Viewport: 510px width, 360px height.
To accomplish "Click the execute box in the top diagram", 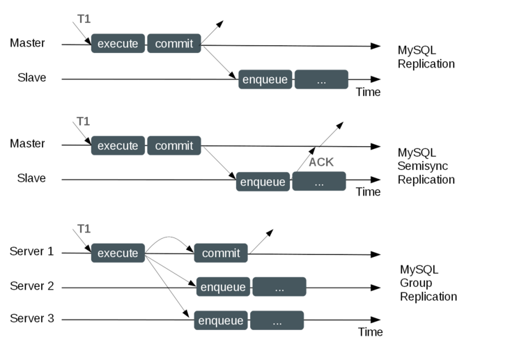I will [118, 44].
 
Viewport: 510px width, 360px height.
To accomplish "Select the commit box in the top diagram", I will [173, 44].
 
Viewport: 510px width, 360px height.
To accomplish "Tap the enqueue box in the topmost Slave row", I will [265, 80].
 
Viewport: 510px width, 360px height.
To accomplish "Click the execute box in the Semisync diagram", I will [118, 146].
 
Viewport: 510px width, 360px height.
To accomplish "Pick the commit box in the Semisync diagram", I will [173, 146].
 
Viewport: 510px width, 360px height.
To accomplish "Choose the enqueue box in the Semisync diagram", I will [263, 182].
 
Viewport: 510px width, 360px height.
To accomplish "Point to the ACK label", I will [321, 162].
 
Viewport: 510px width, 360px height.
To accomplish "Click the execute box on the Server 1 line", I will [118, 253].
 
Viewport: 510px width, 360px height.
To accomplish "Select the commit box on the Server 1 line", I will [220, 253].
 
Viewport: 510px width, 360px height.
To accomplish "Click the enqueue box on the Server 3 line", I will [220, 320].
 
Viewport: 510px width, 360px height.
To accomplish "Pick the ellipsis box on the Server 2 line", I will [279, 287].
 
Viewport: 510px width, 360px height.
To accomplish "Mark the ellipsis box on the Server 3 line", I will [277, 320].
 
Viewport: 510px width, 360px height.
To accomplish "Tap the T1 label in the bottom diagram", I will [83, 228].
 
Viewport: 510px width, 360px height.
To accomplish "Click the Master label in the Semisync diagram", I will [28, 143].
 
